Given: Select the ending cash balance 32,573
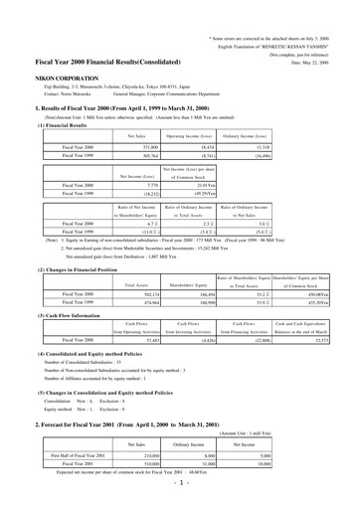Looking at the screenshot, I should point(326,341).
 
